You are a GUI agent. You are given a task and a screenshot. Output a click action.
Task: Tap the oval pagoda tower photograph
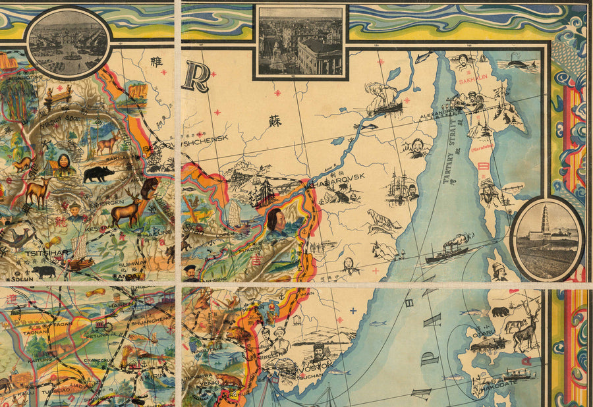coord(546,238)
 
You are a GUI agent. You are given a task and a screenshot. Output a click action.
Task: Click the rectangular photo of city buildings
coord(300,41)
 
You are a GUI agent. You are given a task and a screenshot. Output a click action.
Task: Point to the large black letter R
coord(197,77)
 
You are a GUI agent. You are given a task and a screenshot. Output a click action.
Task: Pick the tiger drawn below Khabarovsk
coord(383,221)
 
